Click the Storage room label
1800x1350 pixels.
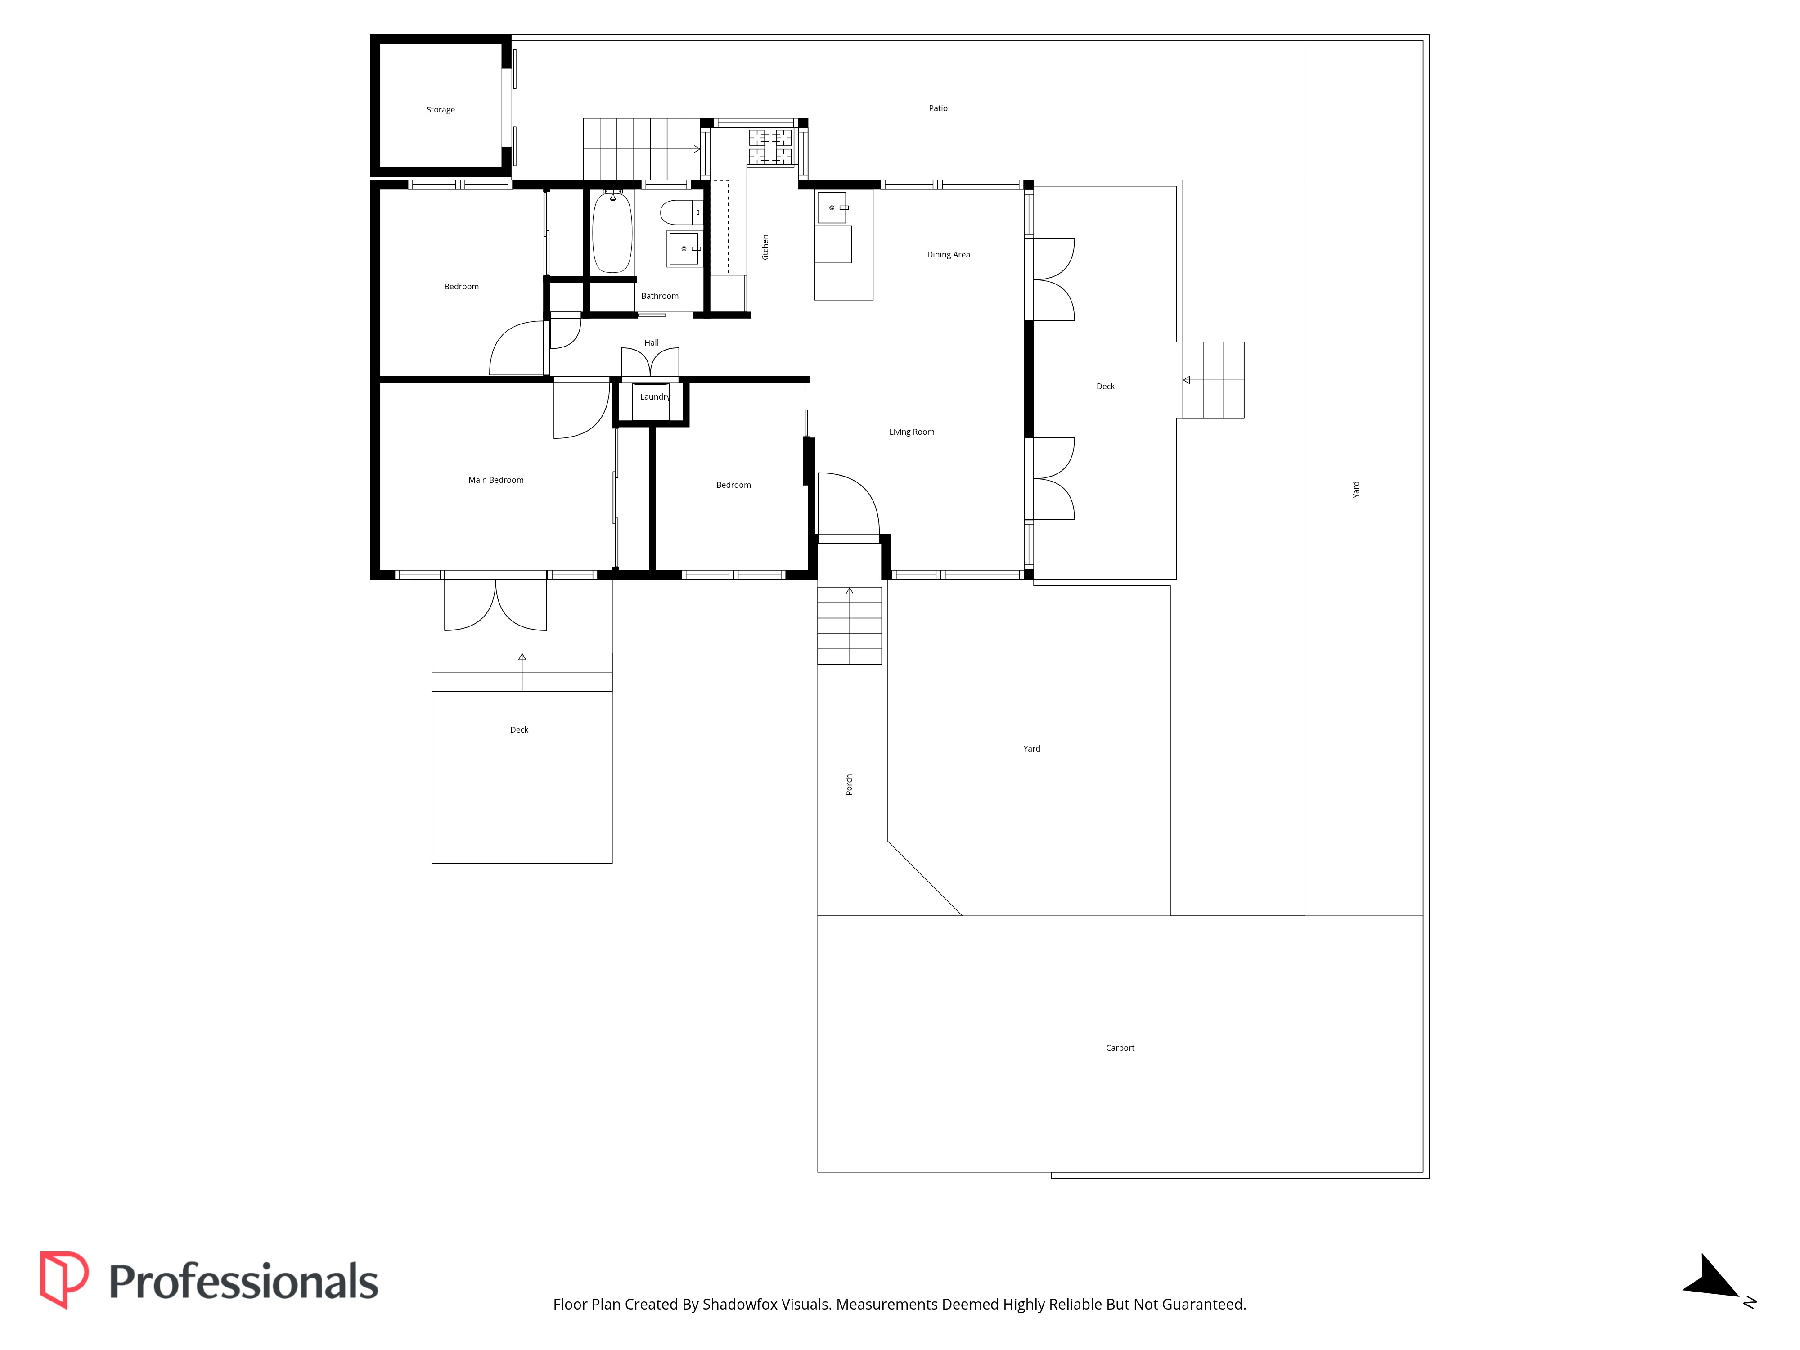click(x=440, y=110)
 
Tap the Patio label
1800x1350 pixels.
click(x=938, y=108)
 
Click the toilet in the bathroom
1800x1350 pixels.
click(x=681, y=212)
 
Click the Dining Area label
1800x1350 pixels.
click(x=948, y=255)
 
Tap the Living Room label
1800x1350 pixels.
click(x=911, y=432)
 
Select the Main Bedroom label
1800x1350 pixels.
click(x=495, y=480)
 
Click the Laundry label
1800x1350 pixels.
click(x=655, y=397)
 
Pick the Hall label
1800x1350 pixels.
click(x=651, y=342)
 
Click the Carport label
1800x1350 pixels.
click(x=1120, y=1048)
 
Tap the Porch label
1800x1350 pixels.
click(x=849, y=784)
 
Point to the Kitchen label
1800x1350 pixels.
click(x=765, y=248)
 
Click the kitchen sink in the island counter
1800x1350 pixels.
click(x=832, y=208)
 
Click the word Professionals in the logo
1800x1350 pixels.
click(x=243, y=1282)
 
